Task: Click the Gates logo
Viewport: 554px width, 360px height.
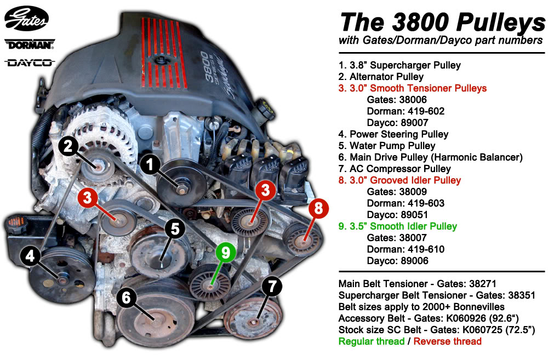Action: click(x=26, y=19)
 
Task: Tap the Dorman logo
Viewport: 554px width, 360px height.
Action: click(x=30, y=44)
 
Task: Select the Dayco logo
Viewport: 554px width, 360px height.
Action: click(x=30, y=63)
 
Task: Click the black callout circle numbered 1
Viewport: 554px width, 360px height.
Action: click(x=150, y=164)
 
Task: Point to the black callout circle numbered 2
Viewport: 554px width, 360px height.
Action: click(x=68, y=146)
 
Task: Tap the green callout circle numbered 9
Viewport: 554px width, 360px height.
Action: click(x=226, y=252)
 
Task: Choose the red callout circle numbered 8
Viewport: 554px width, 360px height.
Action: click(x=318, y=208)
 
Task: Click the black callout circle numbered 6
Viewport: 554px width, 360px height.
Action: click(x=126, y=298)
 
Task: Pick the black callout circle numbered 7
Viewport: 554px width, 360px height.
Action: click(x=272, y=286)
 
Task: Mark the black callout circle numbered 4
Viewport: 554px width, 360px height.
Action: click(x=30, y=255)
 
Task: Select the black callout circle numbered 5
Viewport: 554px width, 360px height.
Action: click(x=175, y=229)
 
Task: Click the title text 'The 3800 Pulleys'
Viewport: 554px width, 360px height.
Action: click(x=443, y=22)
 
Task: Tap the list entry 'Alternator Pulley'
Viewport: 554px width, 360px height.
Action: click(x=386, y=77)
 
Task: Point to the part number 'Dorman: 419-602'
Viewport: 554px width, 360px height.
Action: click(x=405, y=111)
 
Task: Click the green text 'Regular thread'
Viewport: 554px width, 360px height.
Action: click(x=372, y=341)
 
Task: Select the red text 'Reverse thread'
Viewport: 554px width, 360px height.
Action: click(x=447, y=341)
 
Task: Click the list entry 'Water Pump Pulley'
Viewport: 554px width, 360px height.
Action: click(x=392, y=146)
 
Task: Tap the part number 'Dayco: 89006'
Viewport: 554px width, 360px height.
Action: click(x=397, y=261)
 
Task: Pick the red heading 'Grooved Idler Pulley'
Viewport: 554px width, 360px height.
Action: click(x=415, y=180)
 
